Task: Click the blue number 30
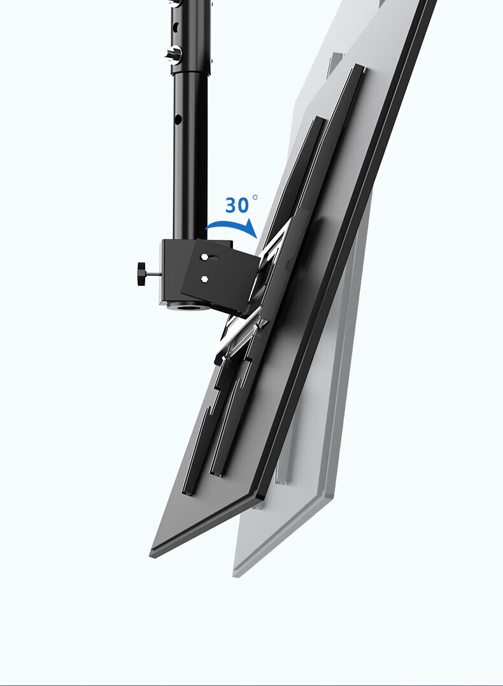pos(237,205)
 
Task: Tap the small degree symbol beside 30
pos(255,198)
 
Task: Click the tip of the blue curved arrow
pos(256,237)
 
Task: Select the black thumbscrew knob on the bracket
pos(141,274)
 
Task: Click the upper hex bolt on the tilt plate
pos(204,257)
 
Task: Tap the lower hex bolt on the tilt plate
pos(204,279)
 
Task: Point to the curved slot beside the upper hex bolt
pos(213,258)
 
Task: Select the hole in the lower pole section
pos(178,118)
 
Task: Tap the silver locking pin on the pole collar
pos(173,54)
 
